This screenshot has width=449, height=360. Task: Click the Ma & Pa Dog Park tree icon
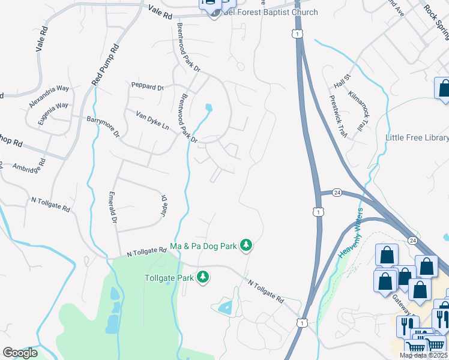[x=245, y=245]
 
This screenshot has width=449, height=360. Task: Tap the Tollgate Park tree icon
[x=203, y=277]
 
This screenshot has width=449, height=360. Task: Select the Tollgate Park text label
[x=169, y=278]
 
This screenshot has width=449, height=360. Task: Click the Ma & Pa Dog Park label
[x=204, y=246]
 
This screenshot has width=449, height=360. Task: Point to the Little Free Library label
[x=416, y=138]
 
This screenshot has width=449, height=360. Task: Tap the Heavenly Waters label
[x=351, y=233]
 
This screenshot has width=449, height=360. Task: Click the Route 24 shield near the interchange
[x=337, y=193]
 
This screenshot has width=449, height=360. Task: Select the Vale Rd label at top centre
[x=160, y=11]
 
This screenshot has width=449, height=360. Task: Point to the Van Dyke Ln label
[x=152, y=121]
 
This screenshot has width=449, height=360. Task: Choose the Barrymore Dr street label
[x=103, y=126]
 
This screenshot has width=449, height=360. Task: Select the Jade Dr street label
[x=163, y=205]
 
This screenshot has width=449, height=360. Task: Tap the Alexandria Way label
[x=49, y=97]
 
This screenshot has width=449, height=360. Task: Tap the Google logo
[x=20, y=353]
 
